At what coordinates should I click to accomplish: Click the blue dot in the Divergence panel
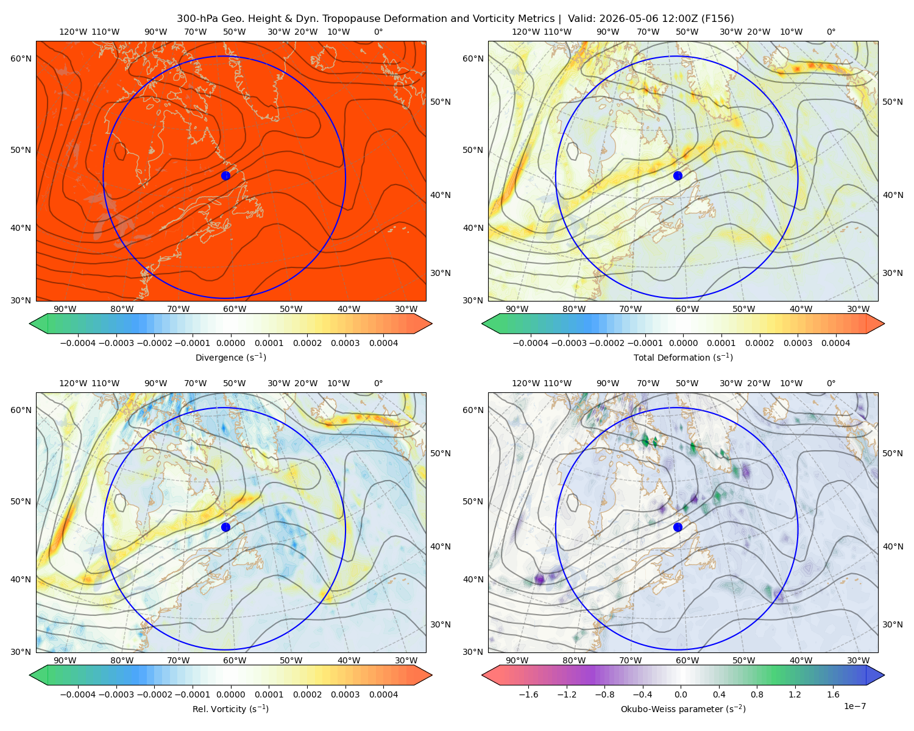225,175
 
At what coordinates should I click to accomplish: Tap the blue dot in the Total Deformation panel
678,175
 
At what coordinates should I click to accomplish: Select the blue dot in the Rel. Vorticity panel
225,527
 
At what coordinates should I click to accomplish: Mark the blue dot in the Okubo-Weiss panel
678,527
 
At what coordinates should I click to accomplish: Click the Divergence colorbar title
230,357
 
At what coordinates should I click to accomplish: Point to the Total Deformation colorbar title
683,357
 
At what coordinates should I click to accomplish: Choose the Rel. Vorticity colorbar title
230,708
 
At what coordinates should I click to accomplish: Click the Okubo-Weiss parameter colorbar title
683,708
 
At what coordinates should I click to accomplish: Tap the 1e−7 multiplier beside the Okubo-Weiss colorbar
854,706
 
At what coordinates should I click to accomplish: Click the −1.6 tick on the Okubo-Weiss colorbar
528,694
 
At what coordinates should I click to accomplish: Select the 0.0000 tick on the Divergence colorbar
230,343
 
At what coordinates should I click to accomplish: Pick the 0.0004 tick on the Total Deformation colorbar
835,343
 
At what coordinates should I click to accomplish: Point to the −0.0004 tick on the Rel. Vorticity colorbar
78,694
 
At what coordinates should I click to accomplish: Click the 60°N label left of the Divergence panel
21,58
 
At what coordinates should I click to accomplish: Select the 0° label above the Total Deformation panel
831,32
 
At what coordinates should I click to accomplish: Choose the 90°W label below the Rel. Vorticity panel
65,660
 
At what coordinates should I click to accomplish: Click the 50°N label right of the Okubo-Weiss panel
893,453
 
